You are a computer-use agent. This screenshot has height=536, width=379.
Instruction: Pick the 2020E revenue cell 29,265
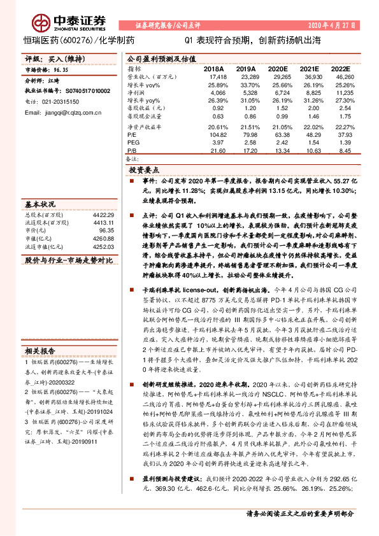[x=278, y=76]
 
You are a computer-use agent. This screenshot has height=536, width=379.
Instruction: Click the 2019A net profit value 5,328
[x=245, y=92]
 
